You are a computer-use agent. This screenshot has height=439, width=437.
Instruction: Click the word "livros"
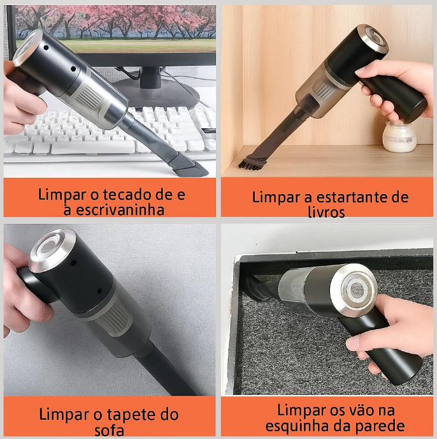coord(326,212)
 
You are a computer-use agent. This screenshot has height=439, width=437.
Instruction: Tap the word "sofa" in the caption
coord(110,431)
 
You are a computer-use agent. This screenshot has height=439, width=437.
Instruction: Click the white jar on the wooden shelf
coord(399,137)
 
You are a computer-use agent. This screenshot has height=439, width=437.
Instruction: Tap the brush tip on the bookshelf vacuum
coord(249,165)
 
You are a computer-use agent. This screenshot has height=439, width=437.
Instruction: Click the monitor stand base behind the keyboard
coord(157,93)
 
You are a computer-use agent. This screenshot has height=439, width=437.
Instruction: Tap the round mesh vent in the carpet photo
coord(357,290)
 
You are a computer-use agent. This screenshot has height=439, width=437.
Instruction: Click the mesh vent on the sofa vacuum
coord(48,246)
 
